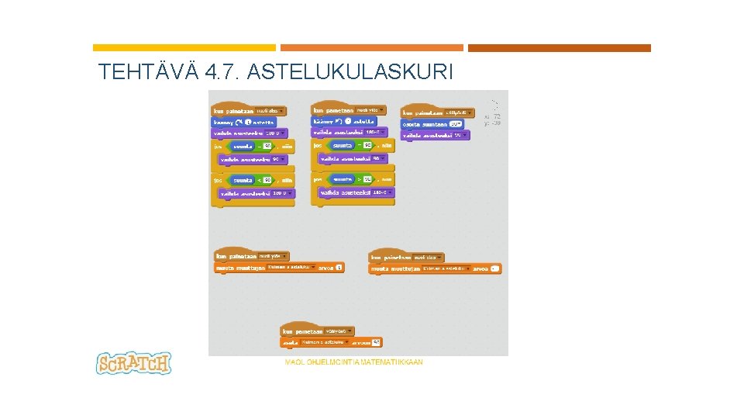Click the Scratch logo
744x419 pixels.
point(133,363)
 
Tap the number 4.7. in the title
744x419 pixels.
point(226,73)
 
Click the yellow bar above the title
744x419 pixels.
point(184,48)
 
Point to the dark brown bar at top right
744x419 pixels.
point(559,48)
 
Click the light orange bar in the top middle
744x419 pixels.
point(371,48)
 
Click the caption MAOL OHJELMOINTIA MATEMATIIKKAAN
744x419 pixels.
point(354,362)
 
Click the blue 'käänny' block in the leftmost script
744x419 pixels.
point(243,122)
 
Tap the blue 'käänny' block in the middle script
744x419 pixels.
point(343,121)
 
